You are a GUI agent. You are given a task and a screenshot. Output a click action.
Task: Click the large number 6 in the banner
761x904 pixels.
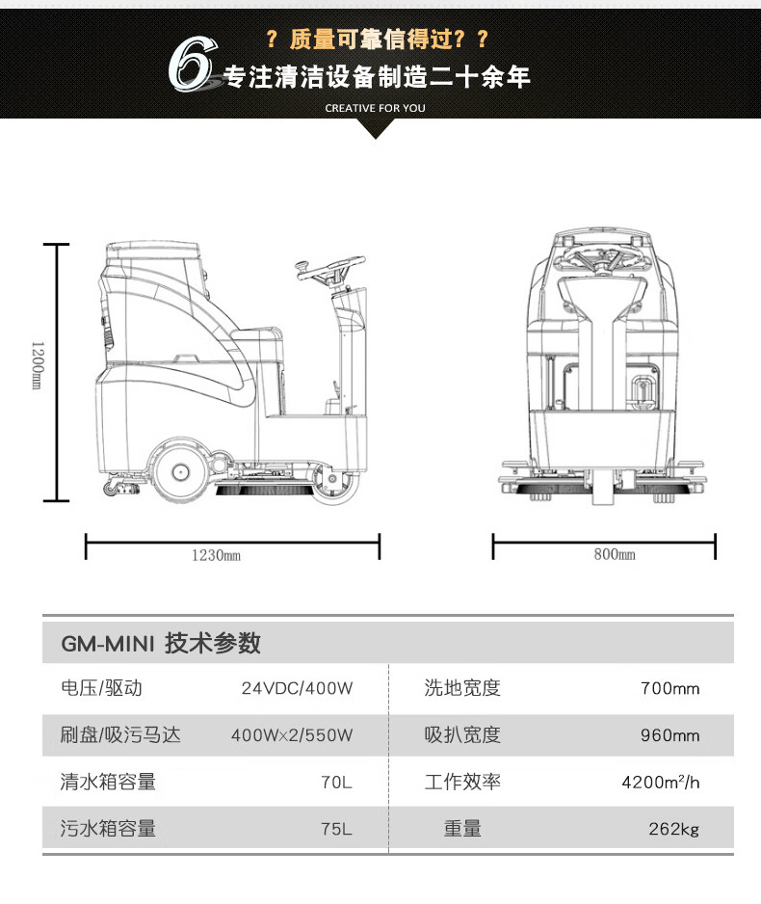pyautogui.click(x=192, y=66)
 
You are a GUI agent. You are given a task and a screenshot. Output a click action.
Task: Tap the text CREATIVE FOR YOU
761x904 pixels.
pyautogui.click(x=375, y=108)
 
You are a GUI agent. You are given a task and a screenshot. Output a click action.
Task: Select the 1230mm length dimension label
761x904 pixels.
pyautogui.click(x=216, y=555)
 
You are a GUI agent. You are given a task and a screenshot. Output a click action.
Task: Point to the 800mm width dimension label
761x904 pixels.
pyautogui.click(x=615, y=555)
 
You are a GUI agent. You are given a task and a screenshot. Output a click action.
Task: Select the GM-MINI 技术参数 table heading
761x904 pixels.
pyautogui.click(x=161, y=643)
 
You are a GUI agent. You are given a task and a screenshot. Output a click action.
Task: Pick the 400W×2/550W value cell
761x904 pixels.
pyautogui.click(x=292, y=735)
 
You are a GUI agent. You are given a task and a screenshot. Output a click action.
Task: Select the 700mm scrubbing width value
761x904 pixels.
pyautogui.click(x=669, y=689)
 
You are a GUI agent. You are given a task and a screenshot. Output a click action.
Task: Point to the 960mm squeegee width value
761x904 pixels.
pyautogui.click(x=669, y=735)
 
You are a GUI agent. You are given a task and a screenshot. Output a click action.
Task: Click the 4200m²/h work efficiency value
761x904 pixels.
pyautogui.click(x=661, y=782)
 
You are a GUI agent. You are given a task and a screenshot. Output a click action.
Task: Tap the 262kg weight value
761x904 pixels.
pyautogui.click(x=673, y=828)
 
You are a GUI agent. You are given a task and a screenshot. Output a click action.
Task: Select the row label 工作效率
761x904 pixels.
pyautogui.click(x=462, y=782)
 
